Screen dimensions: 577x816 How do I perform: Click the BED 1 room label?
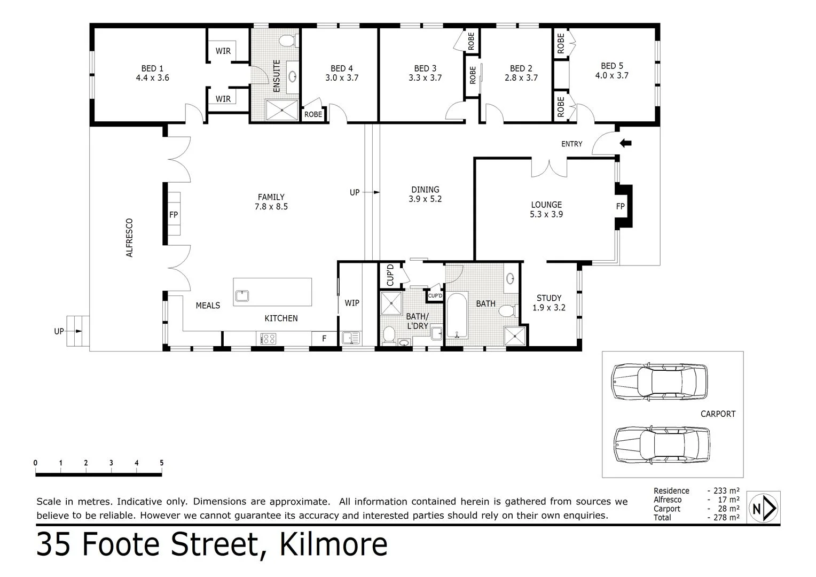[152, 73]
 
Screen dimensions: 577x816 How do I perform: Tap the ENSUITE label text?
[277, 76]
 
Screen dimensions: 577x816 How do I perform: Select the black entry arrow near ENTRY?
[625, 143]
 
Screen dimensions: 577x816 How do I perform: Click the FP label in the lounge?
[620, 206]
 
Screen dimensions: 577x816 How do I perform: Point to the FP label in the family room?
[174, 215]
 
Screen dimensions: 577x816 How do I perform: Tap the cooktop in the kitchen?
[268, 338]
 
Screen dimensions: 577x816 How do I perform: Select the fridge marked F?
[324, 338]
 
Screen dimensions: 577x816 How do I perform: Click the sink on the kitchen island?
[243, 295]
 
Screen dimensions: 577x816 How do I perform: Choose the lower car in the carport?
[662, 444]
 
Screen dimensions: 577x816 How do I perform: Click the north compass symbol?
[764, 506]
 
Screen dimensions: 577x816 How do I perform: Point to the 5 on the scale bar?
[161, 463]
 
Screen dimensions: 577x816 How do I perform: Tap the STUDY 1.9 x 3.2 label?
[548, 303]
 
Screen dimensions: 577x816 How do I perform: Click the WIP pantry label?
[352, 303]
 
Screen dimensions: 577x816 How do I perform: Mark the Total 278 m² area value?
[724, 517]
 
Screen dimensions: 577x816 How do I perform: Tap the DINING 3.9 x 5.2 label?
[425, 194]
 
